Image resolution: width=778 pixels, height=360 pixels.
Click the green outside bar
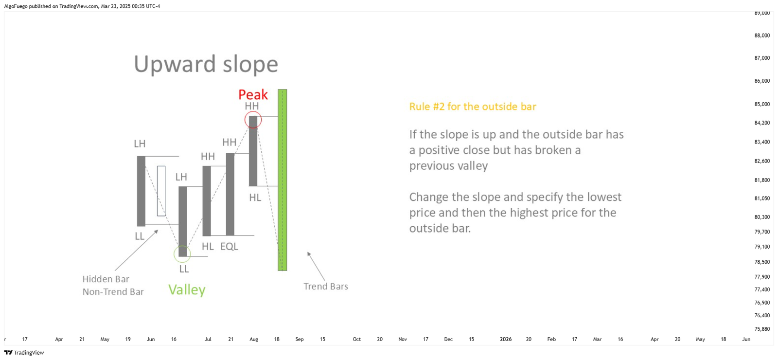[x=283, y=180]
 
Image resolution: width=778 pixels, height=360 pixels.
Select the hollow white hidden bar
[x=161, y=191]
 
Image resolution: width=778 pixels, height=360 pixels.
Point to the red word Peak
[x=253, y=94]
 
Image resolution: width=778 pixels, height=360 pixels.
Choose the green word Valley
[x=187, y=290]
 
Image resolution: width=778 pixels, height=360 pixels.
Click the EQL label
[x=229, y=246]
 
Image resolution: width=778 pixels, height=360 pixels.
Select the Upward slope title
[x=206, y=64]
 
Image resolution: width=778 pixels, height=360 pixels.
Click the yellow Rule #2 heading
[x=473, y=107]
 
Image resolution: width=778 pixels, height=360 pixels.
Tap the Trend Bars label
[x=326, y=287]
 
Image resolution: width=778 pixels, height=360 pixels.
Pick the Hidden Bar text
[x=106, y=279]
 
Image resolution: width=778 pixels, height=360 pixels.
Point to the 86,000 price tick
[x=762, y=81]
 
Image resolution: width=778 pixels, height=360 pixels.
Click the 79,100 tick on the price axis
[x=762, y=247]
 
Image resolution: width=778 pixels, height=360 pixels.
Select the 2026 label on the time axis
[x=506, y=339]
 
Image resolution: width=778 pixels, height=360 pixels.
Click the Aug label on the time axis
[x=254, y=339]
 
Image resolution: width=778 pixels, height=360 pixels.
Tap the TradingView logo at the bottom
[x=24, y=353]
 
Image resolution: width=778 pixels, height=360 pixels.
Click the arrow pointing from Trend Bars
[x=316, y=266]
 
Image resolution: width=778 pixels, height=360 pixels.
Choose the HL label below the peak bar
[x=255, y=198]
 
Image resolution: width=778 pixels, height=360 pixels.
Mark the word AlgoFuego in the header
[x=16, y=6]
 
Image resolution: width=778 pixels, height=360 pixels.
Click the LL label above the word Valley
[x=184, y=269]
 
